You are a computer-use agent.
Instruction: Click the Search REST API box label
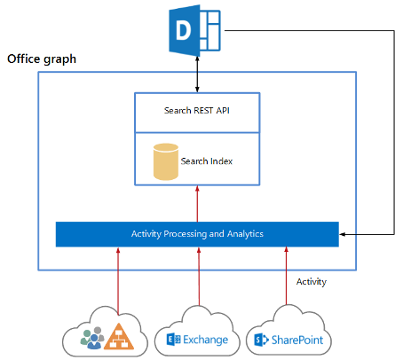(197, 111)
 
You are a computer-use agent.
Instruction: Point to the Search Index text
(208, 160)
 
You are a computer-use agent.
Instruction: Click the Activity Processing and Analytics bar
(197, 234)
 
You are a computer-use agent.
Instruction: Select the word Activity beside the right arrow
(311, 282)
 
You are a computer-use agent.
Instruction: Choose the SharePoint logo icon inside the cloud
(261, 340)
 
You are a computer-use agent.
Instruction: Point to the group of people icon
(91, 338)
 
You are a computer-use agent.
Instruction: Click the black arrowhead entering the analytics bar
(345, 234)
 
